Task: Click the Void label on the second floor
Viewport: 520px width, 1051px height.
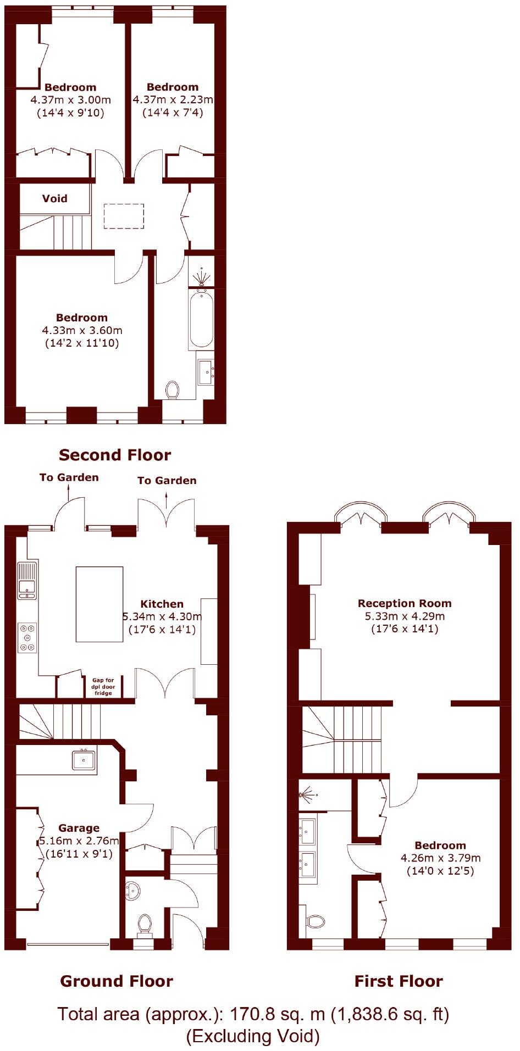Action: click(x=54, y=198)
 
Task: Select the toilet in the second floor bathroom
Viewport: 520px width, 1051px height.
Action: click(x=173, y=390)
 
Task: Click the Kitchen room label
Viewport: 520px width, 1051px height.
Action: click(x=162, y=604)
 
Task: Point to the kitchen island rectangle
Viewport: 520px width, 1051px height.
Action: click(x=99, y=604)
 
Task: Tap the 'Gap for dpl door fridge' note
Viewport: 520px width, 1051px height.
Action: click(x=103, y=686)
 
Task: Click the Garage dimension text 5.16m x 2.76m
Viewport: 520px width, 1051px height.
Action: click(x=79, y=841)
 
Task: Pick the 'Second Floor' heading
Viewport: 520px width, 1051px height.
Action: click(x=115, y=455)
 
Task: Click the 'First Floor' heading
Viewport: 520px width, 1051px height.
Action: click(x=398, y=981)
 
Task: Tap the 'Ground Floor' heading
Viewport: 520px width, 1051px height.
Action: click(x=116, y=981)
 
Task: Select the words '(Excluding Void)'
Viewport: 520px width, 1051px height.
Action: click(x=252, y=1036)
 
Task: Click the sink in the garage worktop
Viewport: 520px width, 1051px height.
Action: click(x=84, y=760)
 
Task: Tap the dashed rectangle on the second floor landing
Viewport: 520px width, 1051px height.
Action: click(x=124, y=216)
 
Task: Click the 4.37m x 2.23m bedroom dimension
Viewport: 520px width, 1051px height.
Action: click(x=173, y=100)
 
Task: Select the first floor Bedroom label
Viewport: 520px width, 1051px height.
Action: click(x=440, y=846)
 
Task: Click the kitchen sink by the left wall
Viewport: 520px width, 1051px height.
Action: click(x=27, y=580)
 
